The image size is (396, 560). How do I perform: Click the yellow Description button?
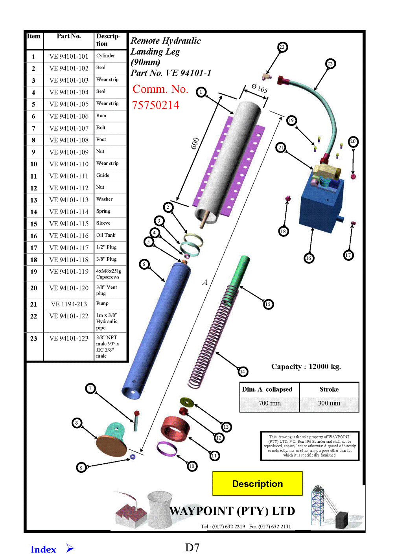258,483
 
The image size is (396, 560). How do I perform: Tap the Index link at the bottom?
44,549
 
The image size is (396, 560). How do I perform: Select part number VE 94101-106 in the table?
69,116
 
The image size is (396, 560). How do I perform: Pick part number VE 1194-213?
69,304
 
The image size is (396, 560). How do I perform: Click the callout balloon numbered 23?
282,47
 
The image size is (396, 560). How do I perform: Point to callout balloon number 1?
201,92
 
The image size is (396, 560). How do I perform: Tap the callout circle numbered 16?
309,258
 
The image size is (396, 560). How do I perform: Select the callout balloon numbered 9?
81,468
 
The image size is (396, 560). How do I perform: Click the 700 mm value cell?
270,403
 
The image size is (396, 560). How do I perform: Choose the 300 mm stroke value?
329,403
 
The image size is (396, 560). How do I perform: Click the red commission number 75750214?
156,105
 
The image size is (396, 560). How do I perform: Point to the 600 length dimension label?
195,144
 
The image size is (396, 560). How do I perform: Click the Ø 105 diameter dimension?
260,89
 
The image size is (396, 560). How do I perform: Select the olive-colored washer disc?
187,402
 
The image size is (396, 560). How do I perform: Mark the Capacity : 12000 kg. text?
306,367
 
